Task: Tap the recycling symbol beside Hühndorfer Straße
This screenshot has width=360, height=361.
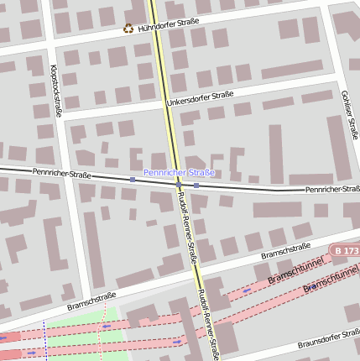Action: [x=128, y=28]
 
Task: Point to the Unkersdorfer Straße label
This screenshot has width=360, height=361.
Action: [x=200, y=98]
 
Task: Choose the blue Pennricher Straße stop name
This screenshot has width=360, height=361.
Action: [x=179, y=172]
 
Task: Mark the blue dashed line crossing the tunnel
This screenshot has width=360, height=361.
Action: [x=44, y=340]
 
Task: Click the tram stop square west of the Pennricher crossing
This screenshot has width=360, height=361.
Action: [x=133, y=179]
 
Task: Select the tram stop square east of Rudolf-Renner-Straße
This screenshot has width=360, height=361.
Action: [x=196, y=185]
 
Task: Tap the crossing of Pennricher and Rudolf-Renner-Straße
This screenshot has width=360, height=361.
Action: [x=179, y=183]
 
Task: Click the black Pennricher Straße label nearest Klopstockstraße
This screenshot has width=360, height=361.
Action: [x=61, y=174]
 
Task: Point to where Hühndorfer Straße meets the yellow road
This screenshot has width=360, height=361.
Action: [x=155, y=29]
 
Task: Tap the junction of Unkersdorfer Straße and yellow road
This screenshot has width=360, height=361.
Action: [x=164, y=104]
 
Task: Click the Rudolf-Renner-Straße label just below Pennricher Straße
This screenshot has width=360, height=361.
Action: [x=188, y=226]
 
